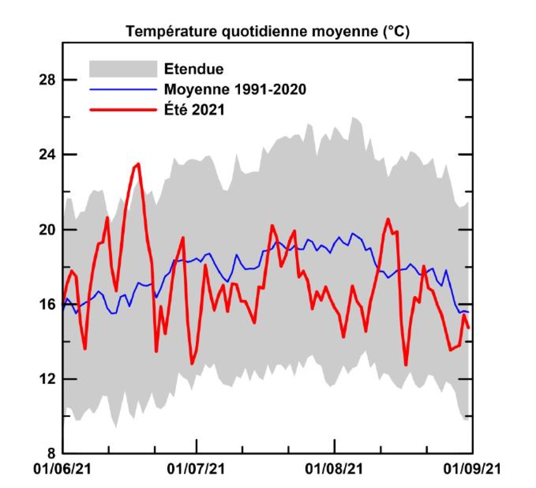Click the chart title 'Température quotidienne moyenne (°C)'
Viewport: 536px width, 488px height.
point(268,32)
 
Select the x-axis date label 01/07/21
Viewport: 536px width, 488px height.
point(197,469)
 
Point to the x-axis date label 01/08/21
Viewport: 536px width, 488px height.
point(335,469)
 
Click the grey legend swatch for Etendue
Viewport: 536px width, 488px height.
point(123,69)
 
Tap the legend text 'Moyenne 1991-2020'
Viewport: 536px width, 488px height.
point(235,89)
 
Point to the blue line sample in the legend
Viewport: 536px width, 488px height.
point(123,89)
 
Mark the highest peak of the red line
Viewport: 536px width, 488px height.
point(138,164)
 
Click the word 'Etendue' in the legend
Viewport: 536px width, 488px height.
point(194,69)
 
